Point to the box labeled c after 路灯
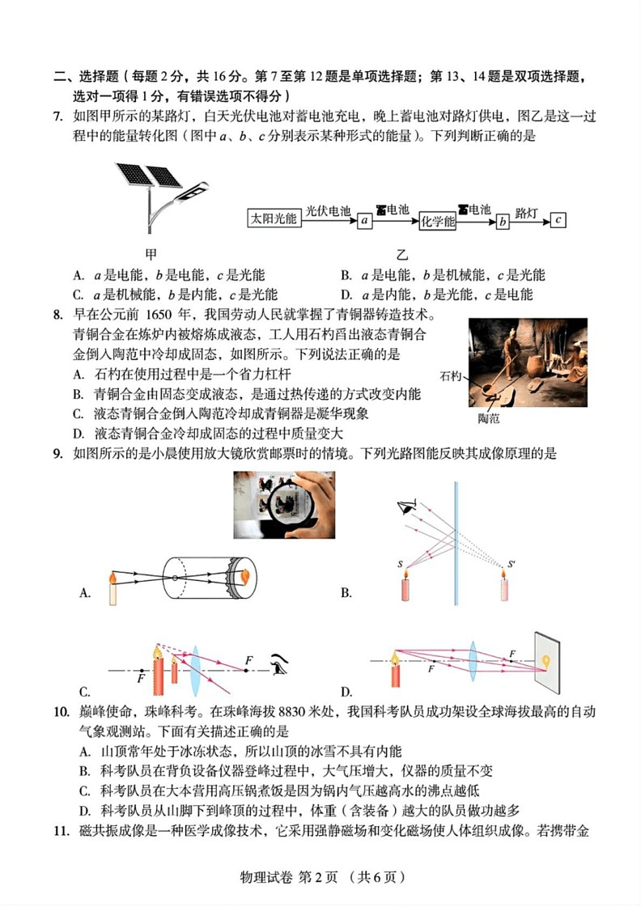[x=557, y=219]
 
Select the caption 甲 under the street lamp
[x=151, y=252]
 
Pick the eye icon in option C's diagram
[x=282, y=663]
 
